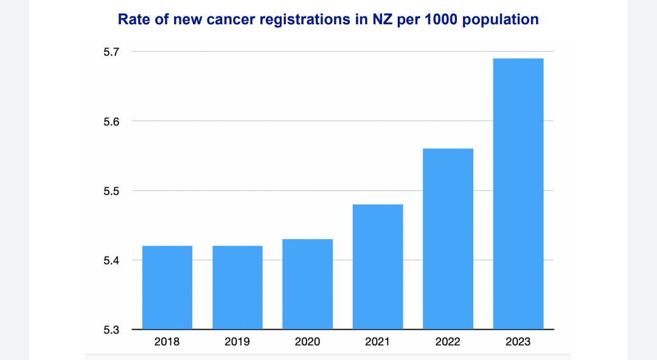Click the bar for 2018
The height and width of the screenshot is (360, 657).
pos(167,287)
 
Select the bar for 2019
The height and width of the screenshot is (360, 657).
pos(237,287)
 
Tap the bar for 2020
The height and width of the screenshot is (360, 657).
pos(308,284)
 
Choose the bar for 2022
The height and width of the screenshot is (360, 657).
pos(448,238)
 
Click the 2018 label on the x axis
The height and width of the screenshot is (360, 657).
pos(167,342)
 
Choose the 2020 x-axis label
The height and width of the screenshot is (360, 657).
pos(308,342)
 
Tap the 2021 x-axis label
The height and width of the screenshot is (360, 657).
pos(378,342)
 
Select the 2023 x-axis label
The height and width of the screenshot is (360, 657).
pos(518,342)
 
